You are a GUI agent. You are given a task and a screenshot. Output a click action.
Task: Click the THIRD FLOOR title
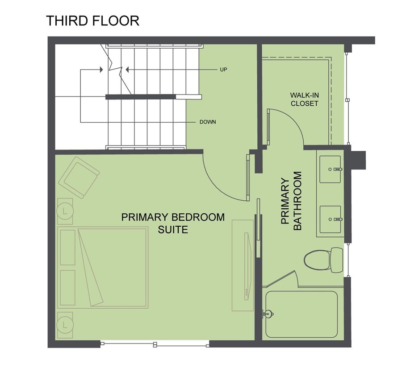93,21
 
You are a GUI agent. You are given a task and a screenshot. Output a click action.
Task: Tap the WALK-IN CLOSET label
304,99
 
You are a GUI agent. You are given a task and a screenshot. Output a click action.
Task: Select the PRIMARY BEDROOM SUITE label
173,223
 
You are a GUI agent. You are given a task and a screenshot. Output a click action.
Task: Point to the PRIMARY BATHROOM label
291,201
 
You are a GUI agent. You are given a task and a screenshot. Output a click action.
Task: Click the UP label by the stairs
223,70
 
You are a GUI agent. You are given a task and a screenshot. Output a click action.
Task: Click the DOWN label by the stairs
208,122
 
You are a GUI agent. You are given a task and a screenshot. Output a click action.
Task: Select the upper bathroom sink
330,169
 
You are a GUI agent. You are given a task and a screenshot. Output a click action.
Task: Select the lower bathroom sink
330,219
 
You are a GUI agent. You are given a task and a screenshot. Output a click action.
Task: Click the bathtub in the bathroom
301,314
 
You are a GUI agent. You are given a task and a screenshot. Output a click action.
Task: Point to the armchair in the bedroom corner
79,178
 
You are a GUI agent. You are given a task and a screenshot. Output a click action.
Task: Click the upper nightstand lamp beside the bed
65,211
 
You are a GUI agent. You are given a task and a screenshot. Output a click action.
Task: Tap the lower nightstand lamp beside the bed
65,325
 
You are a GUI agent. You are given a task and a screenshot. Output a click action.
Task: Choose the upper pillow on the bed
68,247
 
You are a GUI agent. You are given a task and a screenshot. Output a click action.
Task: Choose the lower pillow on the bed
68,287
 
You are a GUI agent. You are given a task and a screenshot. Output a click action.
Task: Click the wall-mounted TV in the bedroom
248,266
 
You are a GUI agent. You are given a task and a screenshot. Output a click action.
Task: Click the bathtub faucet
268,314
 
